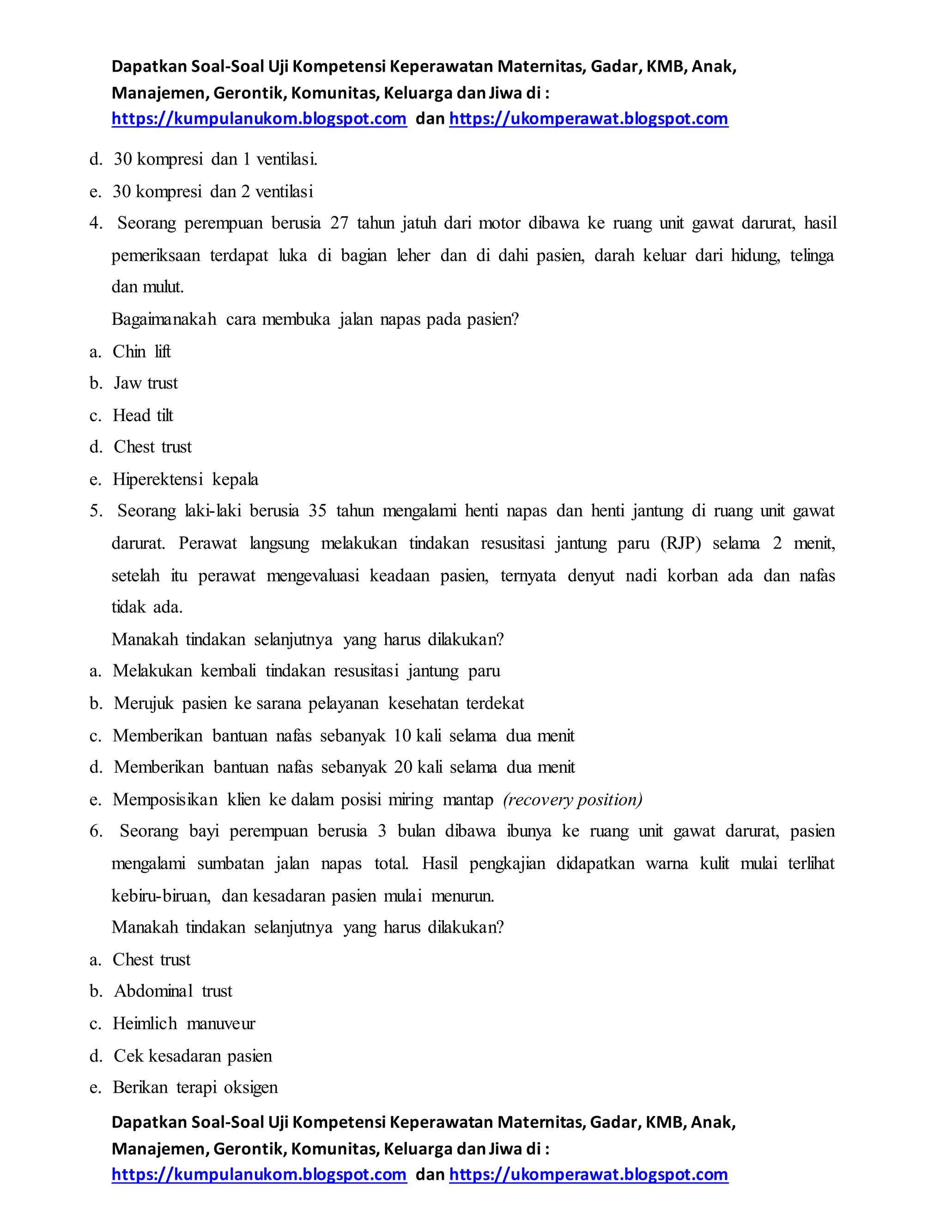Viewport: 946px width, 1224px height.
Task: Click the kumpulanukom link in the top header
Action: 259,119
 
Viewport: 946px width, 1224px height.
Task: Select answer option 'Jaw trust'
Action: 146,383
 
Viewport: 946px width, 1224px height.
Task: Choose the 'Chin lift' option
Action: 141,351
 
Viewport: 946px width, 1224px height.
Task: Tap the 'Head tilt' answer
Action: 143,415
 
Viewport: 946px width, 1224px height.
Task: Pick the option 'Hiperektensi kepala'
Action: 185,479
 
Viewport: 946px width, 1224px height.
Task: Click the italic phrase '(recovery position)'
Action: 572,799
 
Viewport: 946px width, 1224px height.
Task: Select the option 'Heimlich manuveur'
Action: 184,1024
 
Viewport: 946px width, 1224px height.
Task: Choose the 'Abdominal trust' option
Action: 173,991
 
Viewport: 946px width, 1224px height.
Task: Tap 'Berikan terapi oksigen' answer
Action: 195,1087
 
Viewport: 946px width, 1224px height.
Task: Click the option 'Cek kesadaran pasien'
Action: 193,1056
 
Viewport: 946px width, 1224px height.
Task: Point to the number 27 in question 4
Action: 339,223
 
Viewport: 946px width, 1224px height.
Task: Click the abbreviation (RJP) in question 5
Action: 680,544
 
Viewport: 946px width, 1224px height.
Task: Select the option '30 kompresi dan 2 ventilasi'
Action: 212,192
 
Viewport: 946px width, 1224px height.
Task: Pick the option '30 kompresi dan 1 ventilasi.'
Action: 215,160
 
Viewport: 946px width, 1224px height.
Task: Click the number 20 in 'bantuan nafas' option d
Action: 403,767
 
